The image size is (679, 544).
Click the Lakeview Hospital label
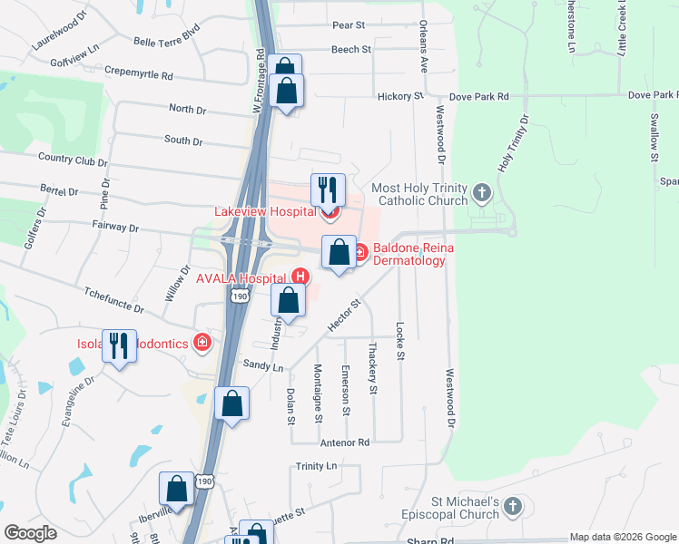[x=264, y=211]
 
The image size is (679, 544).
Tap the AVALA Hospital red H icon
[x=300, y=277]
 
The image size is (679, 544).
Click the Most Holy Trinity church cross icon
[x=481, y=193]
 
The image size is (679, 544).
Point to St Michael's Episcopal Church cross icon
[x=513, y=507]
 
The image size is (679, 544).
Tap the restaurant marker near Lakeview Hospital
[x=328, y=190]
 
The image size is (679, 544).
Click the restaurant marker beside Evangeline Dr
[x=119, y=346]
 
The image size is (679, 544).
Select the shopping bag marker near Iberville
[x=177, y=490]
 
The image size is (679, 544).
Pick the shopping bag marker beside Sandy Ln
[x=231, y=404]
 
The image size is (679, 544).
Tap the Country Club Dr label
[x=73, y=159]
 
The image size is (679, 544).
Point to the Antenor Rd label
[x=345, y=442]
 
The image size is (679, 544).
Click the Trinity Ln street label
[x=316, y=466]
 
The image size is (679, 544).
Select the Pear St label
[x=348, y=25]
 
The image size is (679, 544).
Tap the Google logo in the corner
[x=30, y=533]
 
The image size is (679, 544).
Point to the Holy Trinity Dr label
[x=512, y=145]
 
